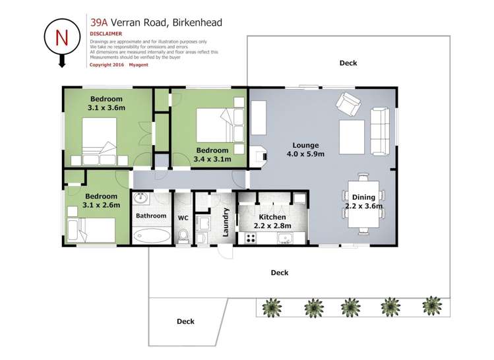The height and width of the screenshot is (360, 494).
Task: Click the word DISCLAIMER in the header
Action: [106, 33]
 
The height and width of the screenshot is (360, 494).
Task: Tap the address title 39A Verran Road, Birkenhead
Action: [156, 22]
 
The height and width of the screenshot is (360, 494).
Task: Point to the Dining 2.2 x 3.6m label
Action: [363, 202]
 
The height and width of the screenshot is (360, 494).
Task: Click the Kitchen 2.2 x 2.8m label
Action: [272, 222]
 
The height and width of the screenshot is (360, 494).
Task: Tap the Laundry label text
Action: [226, 219]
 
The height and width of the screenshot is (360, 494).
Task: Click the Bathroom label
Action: [151, 216]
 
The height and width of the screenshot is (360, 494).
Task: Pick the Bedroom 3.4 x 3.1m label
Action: [213, 154]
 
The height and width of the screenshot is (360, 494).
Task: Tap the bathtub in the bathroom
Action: [151, 235]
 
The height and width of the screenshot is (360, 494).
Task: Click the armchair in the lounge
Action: [348, 104]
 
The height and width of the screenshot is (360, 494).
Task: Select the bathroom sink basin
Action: [142, 198]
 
